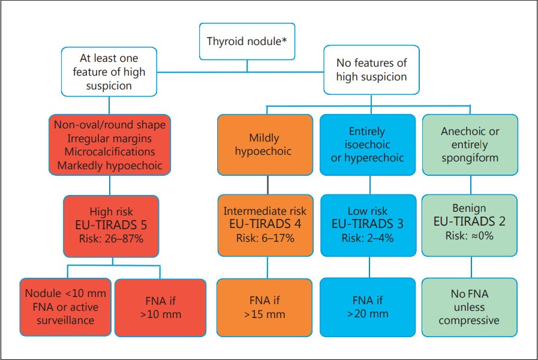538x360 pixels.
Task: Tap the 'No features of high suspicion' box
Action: [x=371, y=70]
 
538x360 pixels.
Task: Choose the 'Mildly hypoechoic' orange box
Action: [x=265, y=145]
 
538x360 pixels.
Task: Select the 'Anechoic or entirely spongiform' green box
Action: [x=470, y=145]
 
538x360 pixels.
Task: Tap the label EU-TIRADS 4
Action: [x=265, y=224]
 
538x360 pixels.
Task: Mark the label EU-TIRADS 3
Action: [x=368, y=224]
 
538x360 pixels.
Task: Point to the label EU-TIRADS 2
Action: [x=470, y=221]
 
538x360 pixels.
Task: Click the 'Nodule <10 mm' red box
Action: [x=65, y=307]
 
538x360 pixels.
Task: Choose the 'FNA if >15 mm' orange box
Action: [x=265, y=307]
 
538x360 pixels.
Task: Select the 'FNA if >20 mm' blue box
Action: [x=368, y=307]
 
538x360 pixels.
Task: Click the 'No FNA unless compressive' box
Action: [x=470, y=307]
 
